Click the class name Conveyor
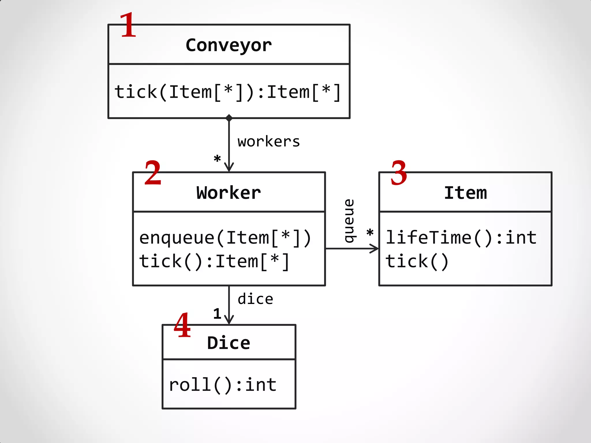(229, 45)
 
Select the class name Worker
(229, 193)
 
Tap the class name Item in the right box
(465, 193)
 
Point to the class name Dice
(229, 343)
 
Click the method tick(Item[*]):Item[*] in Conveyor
(228, 92)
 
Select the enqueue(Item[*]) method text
(225, 238)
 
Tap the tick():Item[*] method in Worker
(214, 261)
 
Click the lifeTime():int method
(461, 238)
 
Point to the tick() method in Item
(417, 261)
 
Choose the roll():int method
(223, 385)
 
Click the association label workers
(269, 142)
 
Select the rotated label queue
(349, 221)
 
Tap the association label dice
(255, 299)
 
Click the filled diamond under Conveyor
(229, 118)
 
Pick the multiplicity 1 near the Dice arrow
(217, 314)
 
